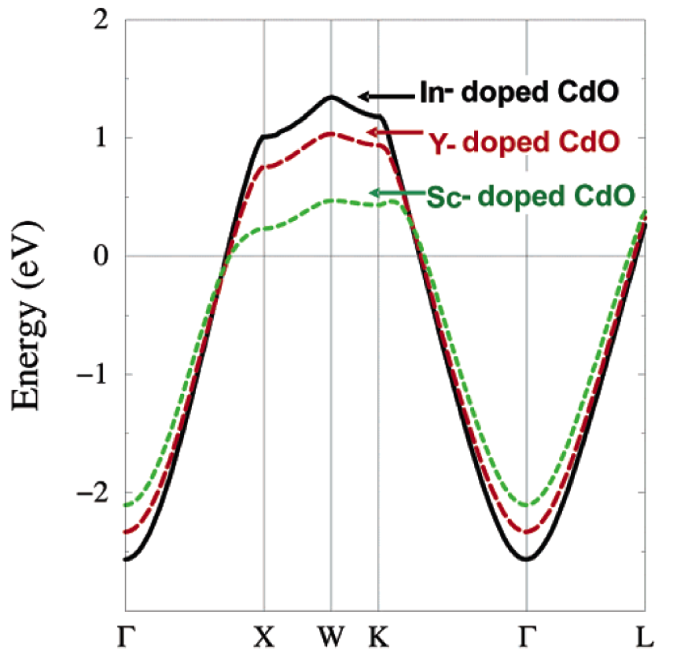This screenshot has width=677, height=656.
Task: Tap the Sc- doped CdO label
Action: [531, 196]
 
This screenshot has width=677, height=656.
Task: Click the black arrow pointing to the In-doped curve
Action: [385, 96]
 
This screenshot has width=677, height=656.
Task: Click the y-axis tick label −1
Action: [94, 374]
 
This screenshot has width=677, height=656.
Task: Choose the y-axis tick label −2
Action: [94, 493]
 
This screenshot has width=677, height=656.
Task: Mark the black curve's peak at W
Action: [331, 97]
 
